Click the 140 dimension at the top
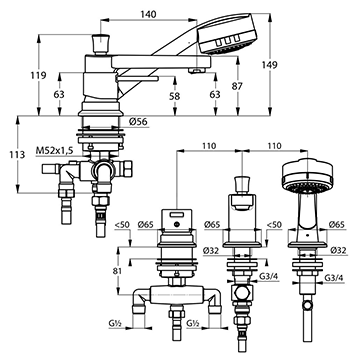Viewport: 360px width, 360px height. click(148, 14)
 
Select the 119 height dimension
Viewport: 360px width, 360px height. click(38, 75)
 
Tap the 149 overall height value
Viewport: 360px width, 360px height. click(269, 65)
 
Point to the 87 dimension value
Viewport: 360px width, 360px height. click(237, 86)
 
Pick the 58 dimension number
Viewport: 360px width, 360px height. click(174, 96)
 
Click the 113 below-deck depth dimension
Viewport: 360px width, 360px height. click(17, 155)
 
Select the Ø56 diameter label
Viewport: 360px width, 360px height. click(138, 122)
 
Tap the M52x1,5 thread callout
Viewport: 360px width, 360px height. click(55, 150)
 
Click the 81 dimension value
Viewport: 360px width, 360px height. click(117, 271)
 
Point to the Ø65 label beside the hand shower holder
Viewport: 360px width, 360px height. click(337, 224)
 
